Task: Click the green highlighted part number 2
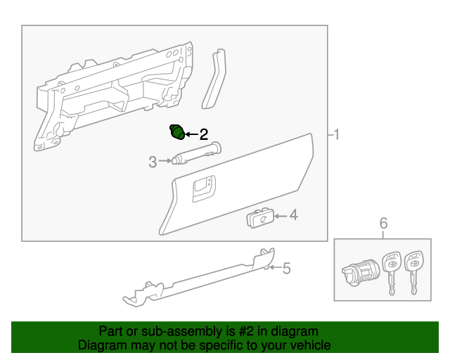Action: tap(177, 131)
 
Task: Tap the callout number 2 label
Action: tap(204, 134)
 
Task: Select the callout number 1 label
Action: tap(336, 134)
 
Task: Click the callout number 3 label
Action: tap(152, 162)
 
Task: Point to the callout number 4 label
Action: tap(294, 215)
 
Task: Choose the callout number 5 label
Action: tap(286, 267)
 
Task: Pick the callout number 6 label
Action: tap(383, 224)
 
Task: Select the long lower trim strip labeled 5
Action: tap(197, 281)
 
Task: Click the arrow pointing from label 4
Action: tap(279, 216)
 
